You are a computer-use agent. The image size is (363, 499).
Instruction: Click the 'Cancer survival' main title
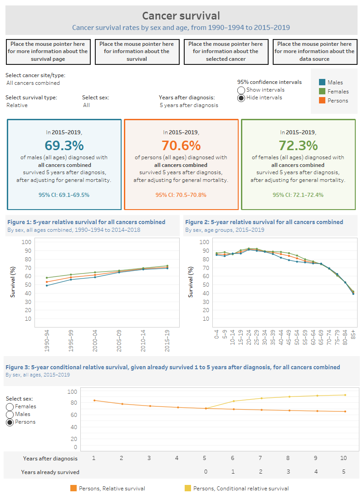(181, 16)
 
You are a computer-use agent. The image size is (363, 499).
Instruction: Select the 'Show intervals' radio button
(241, 90)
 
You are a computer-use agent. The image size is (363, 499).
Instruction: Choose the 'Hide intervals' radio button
(241, 98)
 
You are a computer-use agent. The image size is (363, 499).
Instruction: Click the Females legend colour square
(322, 91)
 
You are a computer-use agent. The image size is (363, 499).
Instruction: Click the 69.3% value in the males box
(64, 145)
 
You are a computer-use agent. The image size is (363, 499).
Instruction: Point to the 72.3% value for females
(298, 145)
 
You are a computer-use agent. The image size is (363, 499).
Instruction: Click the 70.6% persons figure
(181, 145)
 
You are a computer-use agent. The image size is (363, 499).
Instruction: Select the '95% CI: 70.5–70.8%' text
(181, 195)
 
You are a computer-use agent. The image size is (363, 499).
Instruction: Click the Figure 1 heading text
(86, 222)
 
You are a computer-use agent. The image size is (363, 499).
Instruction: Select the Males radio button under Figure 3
(10, 415)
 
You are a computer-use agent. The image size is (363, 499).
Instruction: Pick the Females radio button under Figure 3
(10, 407)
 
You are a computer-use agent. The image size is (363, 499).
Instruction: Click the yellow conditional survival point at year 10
(345, 395)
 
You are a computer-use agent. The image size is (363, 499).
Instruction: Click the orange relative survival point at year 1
(94, 401)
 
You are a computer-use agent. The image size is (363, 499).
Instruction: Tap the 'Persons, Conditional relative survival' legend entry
(240, 489)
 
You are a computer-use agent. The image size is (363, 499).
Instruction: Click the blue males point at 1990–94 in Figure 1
(47, 285)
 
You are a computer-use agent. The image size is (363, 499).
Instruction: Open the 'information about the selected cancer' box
(226, 52)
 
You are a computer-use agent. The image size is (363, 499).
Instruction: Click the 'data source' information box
(314, 52)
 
